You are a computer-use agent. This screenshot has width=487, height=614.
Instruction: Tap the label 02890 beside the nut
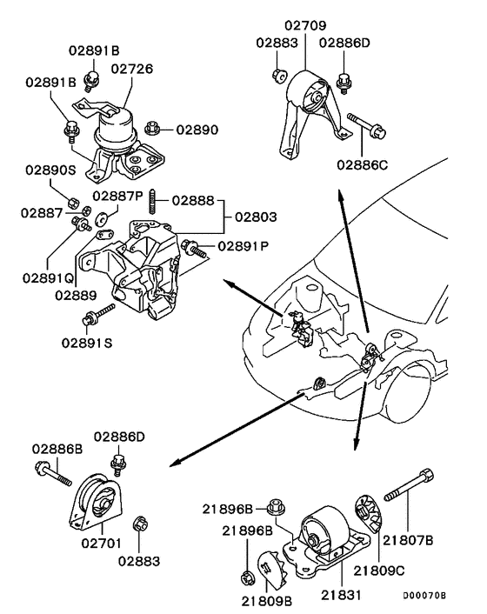(x=198, y=130)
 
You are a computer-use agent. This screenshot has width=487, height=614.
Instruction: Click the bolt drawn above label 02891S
(x=98, y=315)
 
